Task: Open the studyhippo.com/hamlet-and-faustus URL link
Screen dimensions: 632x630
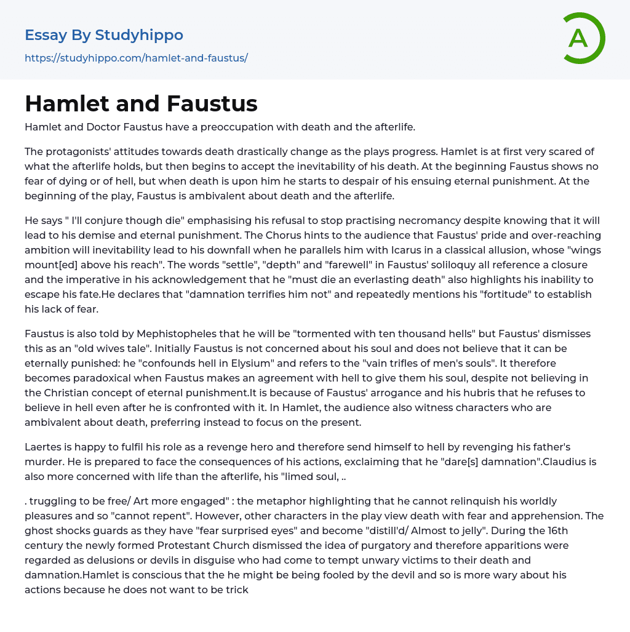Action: tap(136, 58)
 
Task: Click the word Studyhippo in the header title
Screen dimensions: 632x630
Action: tap(139, 35)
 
